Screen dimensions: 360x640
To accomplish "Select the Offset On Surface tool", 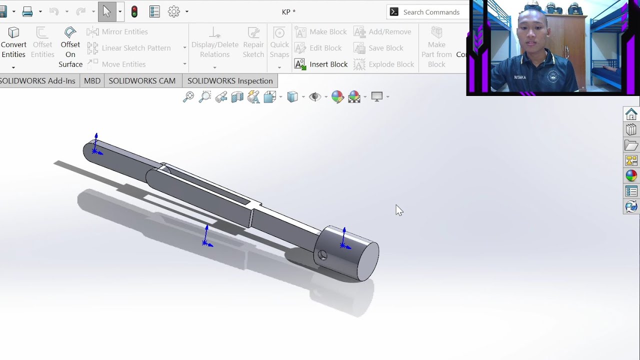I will pos(70,47).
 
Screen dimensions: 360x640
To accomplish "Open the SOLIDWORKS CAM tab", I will pos(142,81).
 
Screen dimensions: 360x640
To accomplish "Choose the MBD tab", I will pos(92,81).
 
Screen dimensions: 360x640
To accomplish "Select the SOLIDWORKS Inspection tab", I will pos(230,81).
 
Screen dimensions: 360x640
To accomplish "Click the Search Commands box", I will pos(431,12).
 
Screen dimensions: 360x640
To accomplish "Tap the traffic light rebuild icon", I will pos(134,12).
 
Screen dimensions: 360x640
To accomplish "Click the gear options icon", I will pos(173,11).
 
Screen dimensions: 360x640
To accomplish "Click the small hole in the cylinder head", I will pos(322,255).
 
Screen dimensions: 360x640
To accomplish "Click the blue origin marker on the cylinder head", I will pos(344,244).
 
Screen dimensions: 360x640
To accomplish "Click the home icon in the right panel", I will pos(631,114).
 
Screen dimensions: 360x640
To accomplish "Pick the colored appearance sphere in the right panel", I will pos(631,175).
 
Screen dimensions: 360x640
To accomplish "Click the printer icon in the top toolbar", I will pos(27,11).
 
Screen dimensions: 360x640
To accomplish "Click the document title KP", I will pos(288,12).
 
